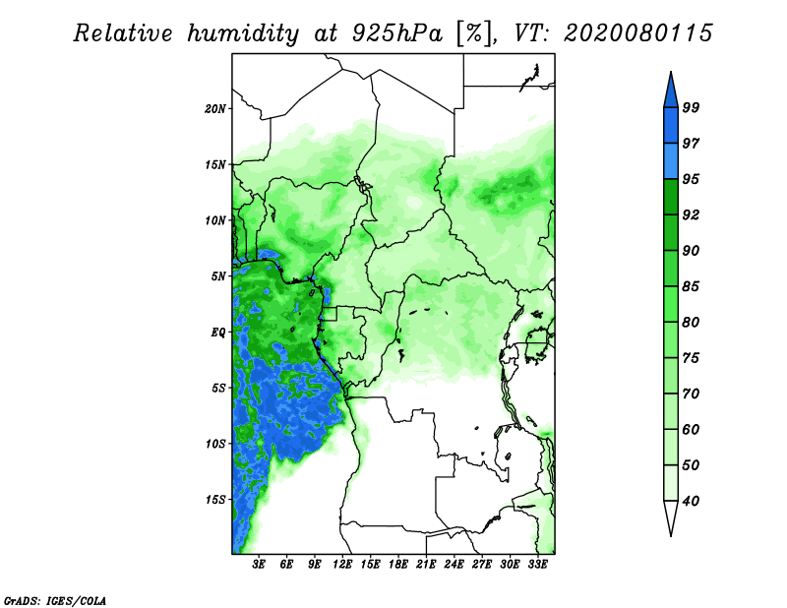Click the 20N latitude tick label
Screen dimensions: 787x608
point(215,108)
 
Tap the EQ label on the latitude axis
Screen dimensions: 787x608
point(218,332)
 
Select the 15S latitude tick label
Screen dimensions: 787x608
point(215,500)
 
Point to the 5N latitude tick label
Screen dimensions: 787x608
point(218,276)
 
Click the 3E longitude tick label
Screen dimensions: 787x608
point(259,564)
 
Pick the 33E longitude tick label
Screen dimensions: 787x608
point(537,564)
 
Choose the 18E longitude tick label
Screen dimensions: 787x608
point(398,564)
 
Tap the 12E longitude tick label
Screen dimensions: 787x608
point(342,564)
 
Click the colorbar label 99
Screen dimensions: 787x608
point(691,107)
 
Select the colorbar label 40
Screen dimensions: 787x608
point(691,501)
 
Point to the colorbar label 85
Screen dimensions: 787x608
point(691,286)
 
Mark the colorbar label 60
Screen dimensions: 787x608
point(691,429)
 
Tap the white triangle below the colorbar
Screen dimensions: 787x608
point(671,516)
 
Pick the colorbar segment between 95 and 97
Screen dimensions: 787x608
point(671,161)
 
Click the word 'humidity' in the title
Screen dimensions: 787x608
point(243,33)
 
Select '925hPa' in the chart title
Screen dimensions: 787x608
point(396,33)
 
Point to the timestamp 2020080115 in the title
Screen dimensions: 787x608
point(637,33)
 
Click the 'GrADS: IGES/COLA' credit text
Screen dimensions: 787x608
point(55,600)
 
